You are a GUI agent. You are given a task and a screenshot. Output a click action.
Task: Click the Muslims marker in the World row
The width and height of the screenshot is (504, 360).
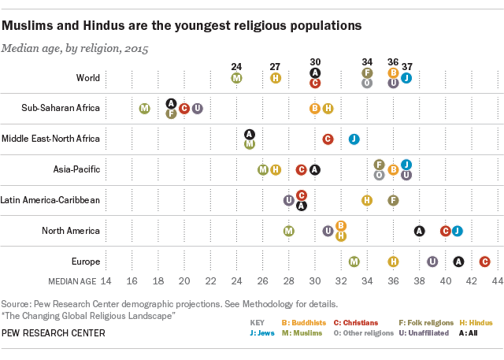(x=236, y=78)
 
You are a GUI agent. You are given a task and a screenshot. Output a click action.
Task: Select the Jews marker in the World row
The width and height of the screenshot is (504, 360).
(x=406, y=78)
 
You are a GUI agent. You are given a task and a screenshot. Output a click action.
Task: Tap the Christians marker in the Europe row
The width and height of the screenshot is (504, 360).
(x=484, y=262)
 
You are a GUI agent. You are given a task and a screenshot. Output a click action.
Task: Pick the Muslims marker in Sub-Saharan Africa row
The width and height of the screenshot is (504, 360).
(x=145, y=109)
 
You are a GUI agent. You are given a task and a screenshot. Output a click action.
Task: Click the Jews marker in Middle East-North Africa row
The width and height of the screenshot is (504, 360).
(x=354, y=139)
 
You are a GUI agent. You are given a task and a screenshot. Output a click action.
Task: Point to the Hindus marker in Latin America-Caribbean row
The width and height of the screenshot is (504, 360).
(x=367, y=200)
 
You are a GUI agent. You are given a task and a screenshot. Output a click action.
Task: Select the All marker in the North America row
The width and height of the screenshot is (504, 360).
(x=420, y=231)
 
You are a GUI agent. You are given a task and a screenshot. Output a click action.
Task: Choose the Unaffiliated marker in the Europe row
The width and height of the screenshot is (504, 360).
(x=432, y=262)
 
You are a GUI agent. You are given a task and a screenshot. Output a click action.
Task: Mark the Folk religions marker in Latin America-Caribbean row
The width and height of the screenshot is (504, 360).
(x=393, y=200)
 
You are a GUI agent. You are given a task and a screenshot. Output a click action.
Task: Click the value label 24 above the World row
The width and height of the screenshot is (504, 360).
(x=236, y=65)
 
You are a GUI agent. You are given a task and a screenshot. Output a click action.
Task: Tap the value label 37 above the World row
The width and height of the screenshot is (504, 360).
(x=407, y=65)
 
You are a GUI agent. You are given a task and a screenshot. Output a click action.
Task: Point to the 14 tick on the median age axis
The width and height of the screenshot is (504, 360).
(x=106, y=280)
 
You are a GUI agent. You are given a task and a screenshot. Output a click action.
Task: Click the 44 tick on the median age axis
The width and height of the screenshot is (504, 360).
(x=498, y=280)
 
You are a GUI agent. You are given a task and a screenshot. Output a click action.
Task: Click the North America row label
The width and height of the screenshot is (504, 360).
(x=71, y=231)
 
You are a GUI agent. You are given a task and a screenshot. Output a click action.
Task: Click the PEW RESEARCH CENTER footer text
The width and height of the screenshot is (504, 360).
(x=53, y=333)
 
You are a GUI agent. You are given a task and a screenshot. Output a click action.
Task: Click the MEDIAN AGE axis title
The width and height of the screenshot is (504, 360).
(x=72, y=280)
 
